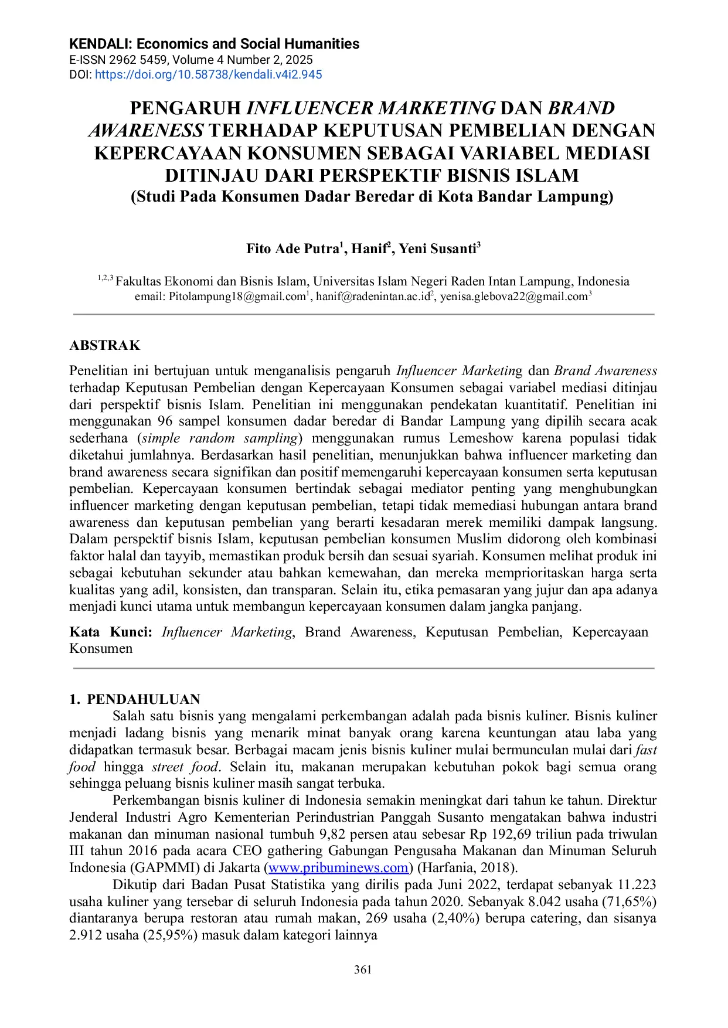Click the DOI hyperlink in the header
[208, 74]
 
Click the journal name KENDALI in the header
[100, 44]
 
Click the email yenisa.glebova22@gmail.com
[513, 297]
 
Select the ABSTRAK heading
[105, 345]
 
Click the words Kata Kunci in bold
[110, 632]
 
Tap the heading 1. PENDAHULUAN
[135, 699]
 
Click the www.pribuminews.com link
[338, 867]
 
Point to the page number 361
[363, 969]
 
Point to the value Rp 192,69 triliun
[508, 834]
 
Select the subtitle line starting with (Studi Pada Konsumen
[372, 196]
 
